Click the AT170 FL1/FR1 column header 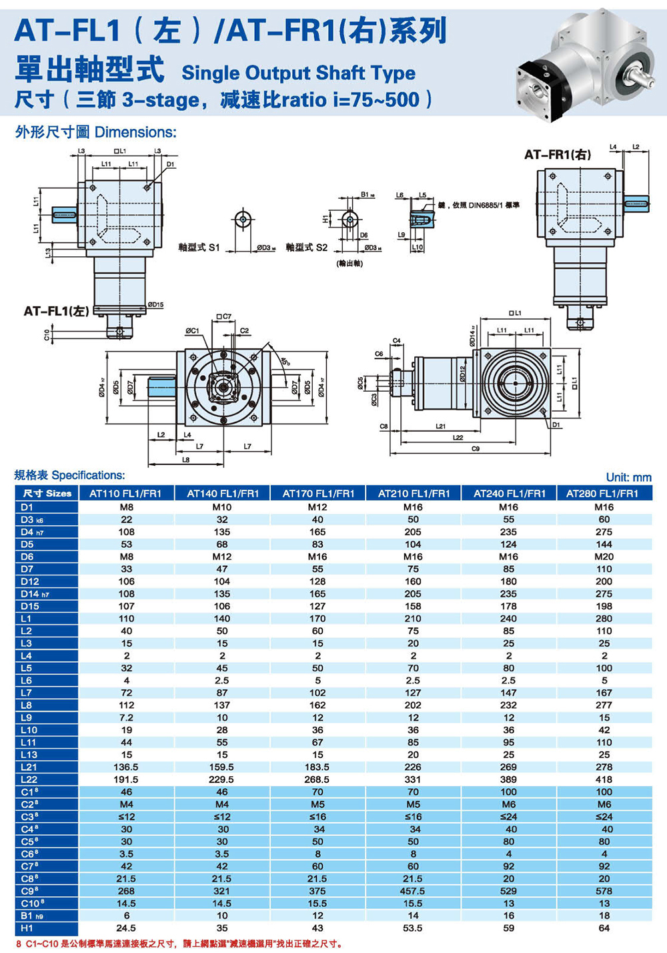click(317, 493)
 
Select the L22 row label click(29, 779)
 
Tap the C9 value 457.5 click(413, 891)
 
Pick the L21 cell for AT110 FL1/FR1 click(126, 767)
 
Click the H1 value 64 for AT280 click(604, 928)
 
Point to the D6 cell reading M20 click(604, 557)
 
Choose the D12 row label click(30, 581)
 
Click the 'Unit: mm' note click(628, 477)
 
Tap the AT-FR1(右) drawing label click(557, 155)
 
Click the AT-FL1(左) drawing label click(56, 311)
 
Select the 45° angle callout click(285, 362)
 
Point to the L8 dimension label click(185, 459)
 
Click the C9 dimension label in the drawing click(475, 449)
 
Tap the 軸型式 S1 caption click(199, 248)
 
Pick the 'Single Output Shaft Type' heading click(298, 73)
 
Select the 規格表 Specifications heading click(69, 475)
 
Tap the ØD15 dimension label click(155, 305)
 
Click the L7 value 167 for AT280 click(604, 693)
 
